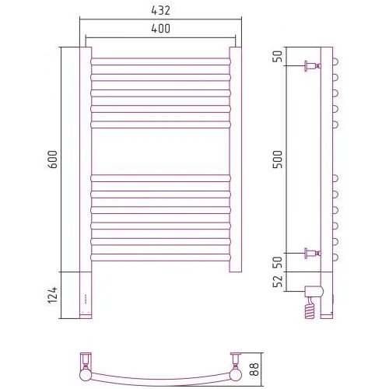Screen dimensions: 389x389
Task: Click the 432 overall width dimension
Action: [160, 11]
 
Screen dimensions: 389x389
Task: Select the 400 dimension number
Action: [160, 29]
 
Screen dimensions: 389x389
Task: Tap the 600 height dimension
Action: [53, 159]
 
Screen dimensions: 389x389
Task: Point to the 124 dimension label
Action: [53, 295]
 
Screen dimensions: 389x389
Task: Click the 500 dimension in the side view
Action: [278, 159]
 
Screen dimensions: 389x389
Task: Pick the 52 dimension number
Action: [278, 281]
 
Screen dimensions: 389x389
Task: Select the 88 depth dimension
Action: [254, 369]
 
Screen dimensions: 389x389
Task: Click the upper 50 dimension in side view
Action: [278, 56]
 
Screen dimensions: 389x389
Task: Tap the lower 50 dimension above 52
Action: [278, 262]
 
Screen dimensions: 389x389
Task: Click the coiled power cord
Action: [310, 309]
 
